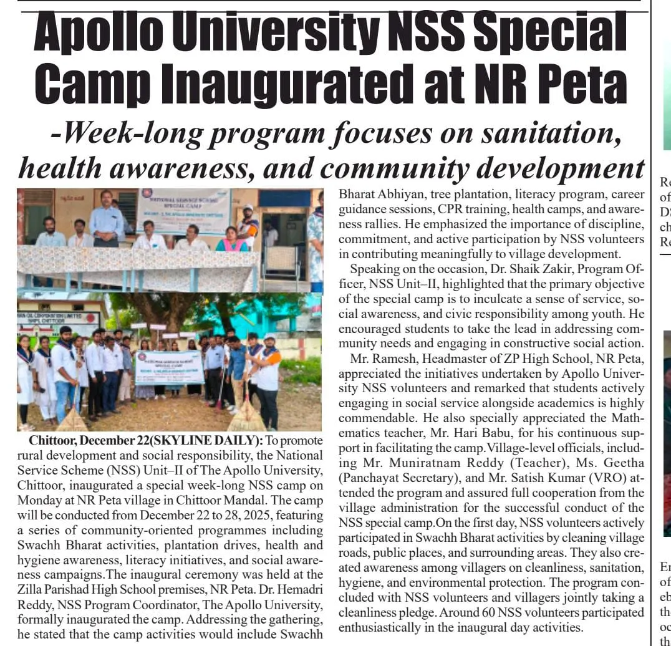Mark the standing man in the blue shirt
107,218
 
